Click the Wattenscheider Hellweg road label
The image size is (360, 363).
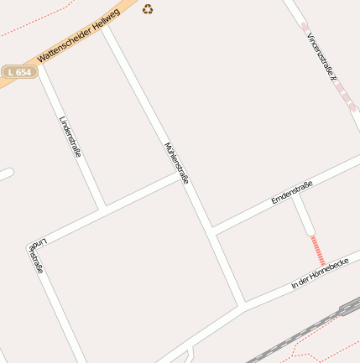click(x=79, y=36)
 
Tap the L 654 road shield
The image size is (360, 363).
click(x=18, y=72)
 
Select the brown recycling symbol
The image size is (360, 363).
click(x=148, y=9)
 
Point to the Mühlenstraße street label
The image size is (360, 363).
click(x=177, y=163)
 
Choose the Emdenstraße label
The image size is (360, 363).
click(x=292, y=192)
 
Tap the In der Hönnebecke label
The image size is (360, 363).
click(x=320, y=273)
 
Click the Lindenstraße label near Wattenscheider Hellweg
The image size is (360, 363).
click(x=70, y=136)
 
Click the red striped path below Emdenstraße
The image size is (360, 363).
click(x=317, y=250)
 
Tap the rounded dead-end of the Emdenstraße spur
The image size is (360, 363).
click(x=310, y=231)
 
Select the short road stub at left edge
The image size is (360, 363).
click(x=5, y=174)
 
